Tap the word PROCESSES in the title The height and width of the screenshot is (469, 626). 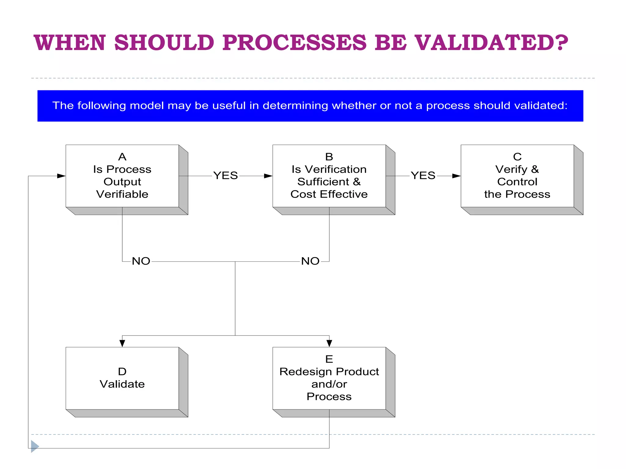coord(294,43)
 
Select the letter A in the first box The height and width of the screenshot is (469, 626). coord(122,157)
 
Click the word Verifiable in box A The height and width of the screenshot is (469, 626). coord(122,195)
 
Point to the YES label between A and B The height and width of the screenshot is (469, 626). coord(226,176)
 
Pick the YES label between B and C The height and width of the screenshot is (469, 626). coord(423,176)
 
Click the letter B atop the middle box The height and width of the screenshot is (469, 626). coord(329,157)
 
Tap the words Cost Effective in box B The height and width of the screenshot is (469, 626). coord(329,195)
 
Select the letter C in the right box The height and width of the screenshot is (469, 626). coord(517,157)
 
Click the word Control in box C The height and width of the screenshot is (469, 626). coord(517,182)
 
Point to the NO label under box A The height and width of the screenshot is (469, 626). coord(141,261)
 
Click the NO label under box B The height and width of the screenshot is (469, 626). coord(310,261)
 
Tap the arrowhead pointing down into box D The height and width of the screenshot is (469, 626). coord(122,343)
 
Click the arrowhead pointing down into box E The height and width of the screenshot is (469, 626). coord(329,343)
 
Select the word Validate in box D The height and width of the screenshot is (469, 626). coord(122,384)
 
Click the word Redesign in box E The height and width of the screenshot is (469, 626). coord(306,372)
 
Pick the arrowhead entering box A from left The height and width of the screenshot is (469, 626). coord(61,176)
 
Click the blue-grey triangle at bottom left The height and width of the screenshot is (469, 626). coord(35,446)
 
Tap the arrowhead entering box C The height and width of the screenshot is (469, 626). coord(456,176)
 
